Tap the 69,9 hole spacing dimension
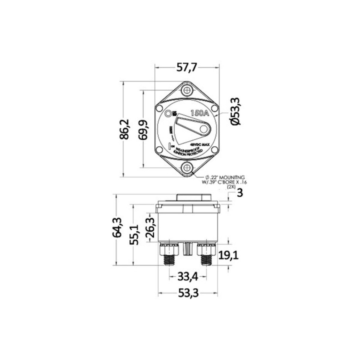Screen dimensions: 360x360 (143, 129)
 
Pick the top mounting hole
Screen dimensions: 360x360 (187, 89)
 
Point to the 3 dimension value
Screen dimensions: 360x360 (239, 193)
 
